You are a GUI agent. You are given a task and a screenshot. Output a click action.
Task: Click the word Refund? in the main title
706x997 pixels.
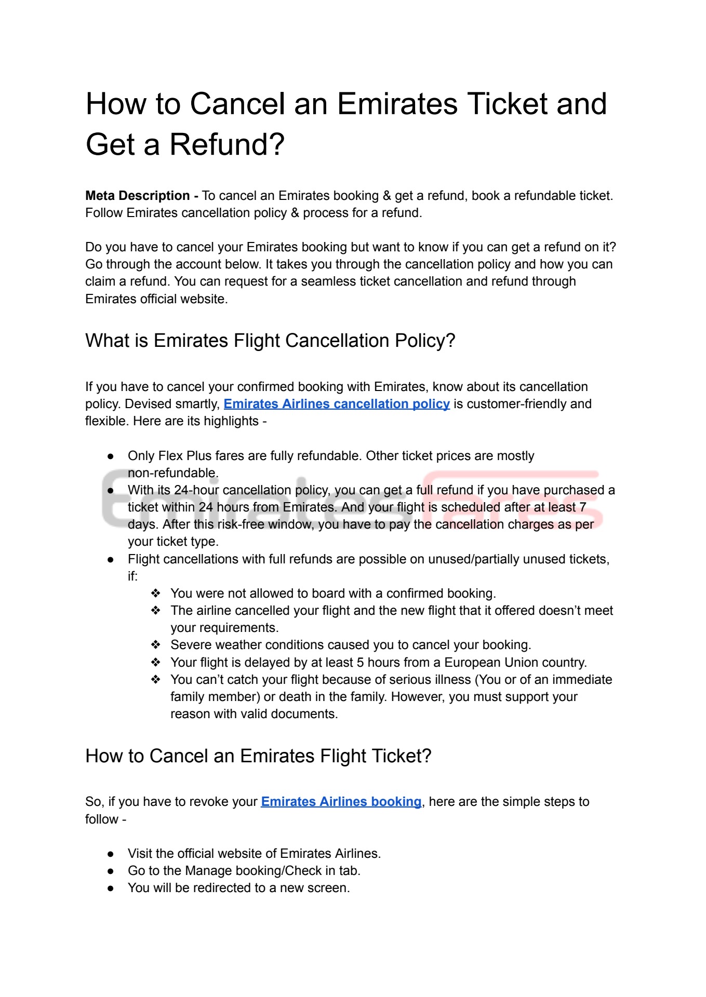227,144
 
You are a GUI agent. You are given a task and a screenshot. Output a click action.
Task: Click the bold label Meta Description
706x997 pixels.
137,196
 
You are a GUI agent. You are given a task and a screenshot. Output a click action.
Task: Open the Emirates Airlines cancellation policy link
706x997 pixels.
337,404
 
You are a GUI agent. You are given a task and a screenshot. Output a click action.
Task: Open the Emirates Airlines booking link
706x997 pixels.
341,802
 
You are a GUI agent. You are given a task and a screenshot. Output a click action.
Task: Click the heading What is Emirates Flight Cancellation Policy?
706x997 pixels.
270,341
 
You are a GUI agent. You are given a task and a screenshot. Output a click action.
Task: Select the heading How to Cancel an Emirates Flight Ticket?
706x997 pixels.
258,756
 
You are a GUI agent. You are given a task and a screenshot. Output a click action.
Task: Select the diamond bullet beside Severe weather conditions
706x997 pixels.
155,645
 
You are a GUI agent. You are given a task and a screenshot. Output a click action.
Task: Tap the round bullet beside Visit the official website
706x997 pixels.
111,854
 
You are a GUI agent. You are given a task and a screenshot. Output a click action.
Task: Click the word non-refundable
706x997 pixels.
173,473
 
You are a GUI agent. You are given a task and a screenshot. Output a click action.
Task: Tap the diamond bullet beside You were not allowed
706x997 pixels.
155,594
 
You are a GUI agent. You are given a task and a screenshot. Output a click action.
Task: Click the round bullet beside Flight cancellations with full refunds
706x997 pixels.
111,559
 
